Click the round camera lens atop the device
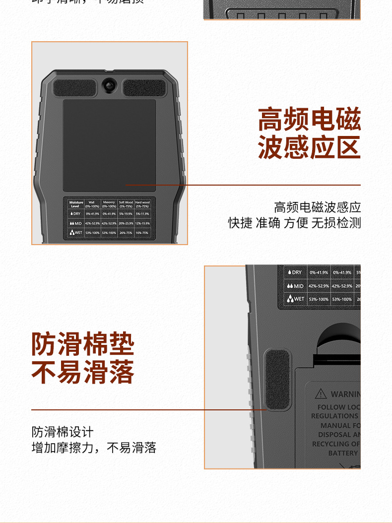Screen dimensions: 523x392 pyautogui.click(x=109, y=85)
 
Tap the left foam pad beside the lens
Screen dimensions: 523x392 pyautogui.click(x=74, y=88)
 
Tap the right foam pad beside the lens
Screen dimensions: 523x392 pyautogui.click(x=144, y=88)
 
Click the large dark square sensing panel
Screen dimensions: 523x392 pyautogui.click(x=109, y=145)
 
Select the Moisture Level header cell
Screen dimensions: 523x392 pyautogui.click(x=76, y=204)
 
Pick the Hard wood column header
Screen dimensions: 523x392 pyautogui.click(x=142, y=204)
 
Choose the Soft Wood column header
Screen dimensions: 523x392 pyautogui.click(x=126, y=204)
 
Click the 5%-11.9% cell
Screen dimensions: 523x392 pyautogui.click(x=142, y=214)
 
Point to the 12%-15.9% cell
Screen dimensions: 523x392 pyautogui.click(x=142, y=223)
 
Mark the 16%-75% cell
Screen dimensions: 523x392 pyautogui.click(x=142, y=233)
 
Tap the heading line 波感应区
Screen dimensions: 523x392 pyautogui.click(x=309, y=147)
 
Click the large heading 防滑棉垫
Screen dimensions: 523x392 pyautogui.click(x=83, y=344)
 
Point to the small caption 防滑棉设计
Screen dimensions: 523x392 pyautogui.click(x=63, y=432)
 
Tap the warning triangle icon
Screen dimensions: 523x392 pyautogui.click(x=322, y=394)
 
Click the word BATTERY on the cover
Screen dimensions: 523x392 pyautogui.click(x=343, y=453)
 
